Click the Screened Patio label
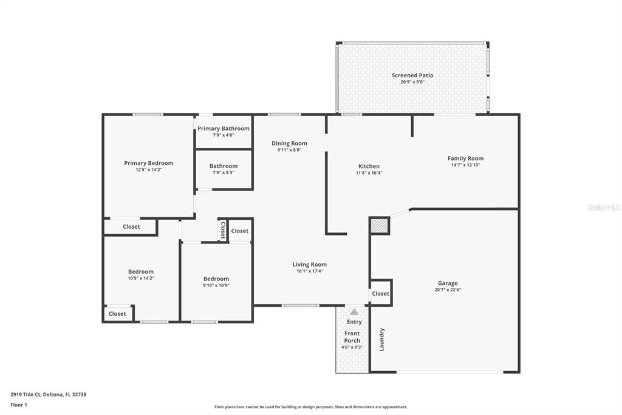412,75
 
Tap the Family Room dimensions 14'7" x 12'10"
465,165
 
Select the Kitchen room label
369,166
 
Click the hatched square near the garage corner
379,226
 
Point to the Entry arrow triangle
354,312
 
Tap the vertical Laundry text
382,340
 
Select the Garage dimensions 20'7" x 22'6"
448,290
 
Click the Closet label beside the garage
380,293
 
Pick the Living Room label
310,264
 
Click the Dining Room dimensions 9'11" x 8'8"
289,150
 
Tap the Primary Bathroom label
223,128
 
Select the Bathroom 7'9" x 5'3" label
224,172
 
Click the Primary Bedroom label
149,163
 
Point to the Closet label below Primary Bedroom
131,226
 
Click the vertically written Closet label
223,230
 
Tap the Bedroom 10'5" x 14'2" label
141,271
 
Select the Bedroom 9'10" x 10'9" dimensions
216,285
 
